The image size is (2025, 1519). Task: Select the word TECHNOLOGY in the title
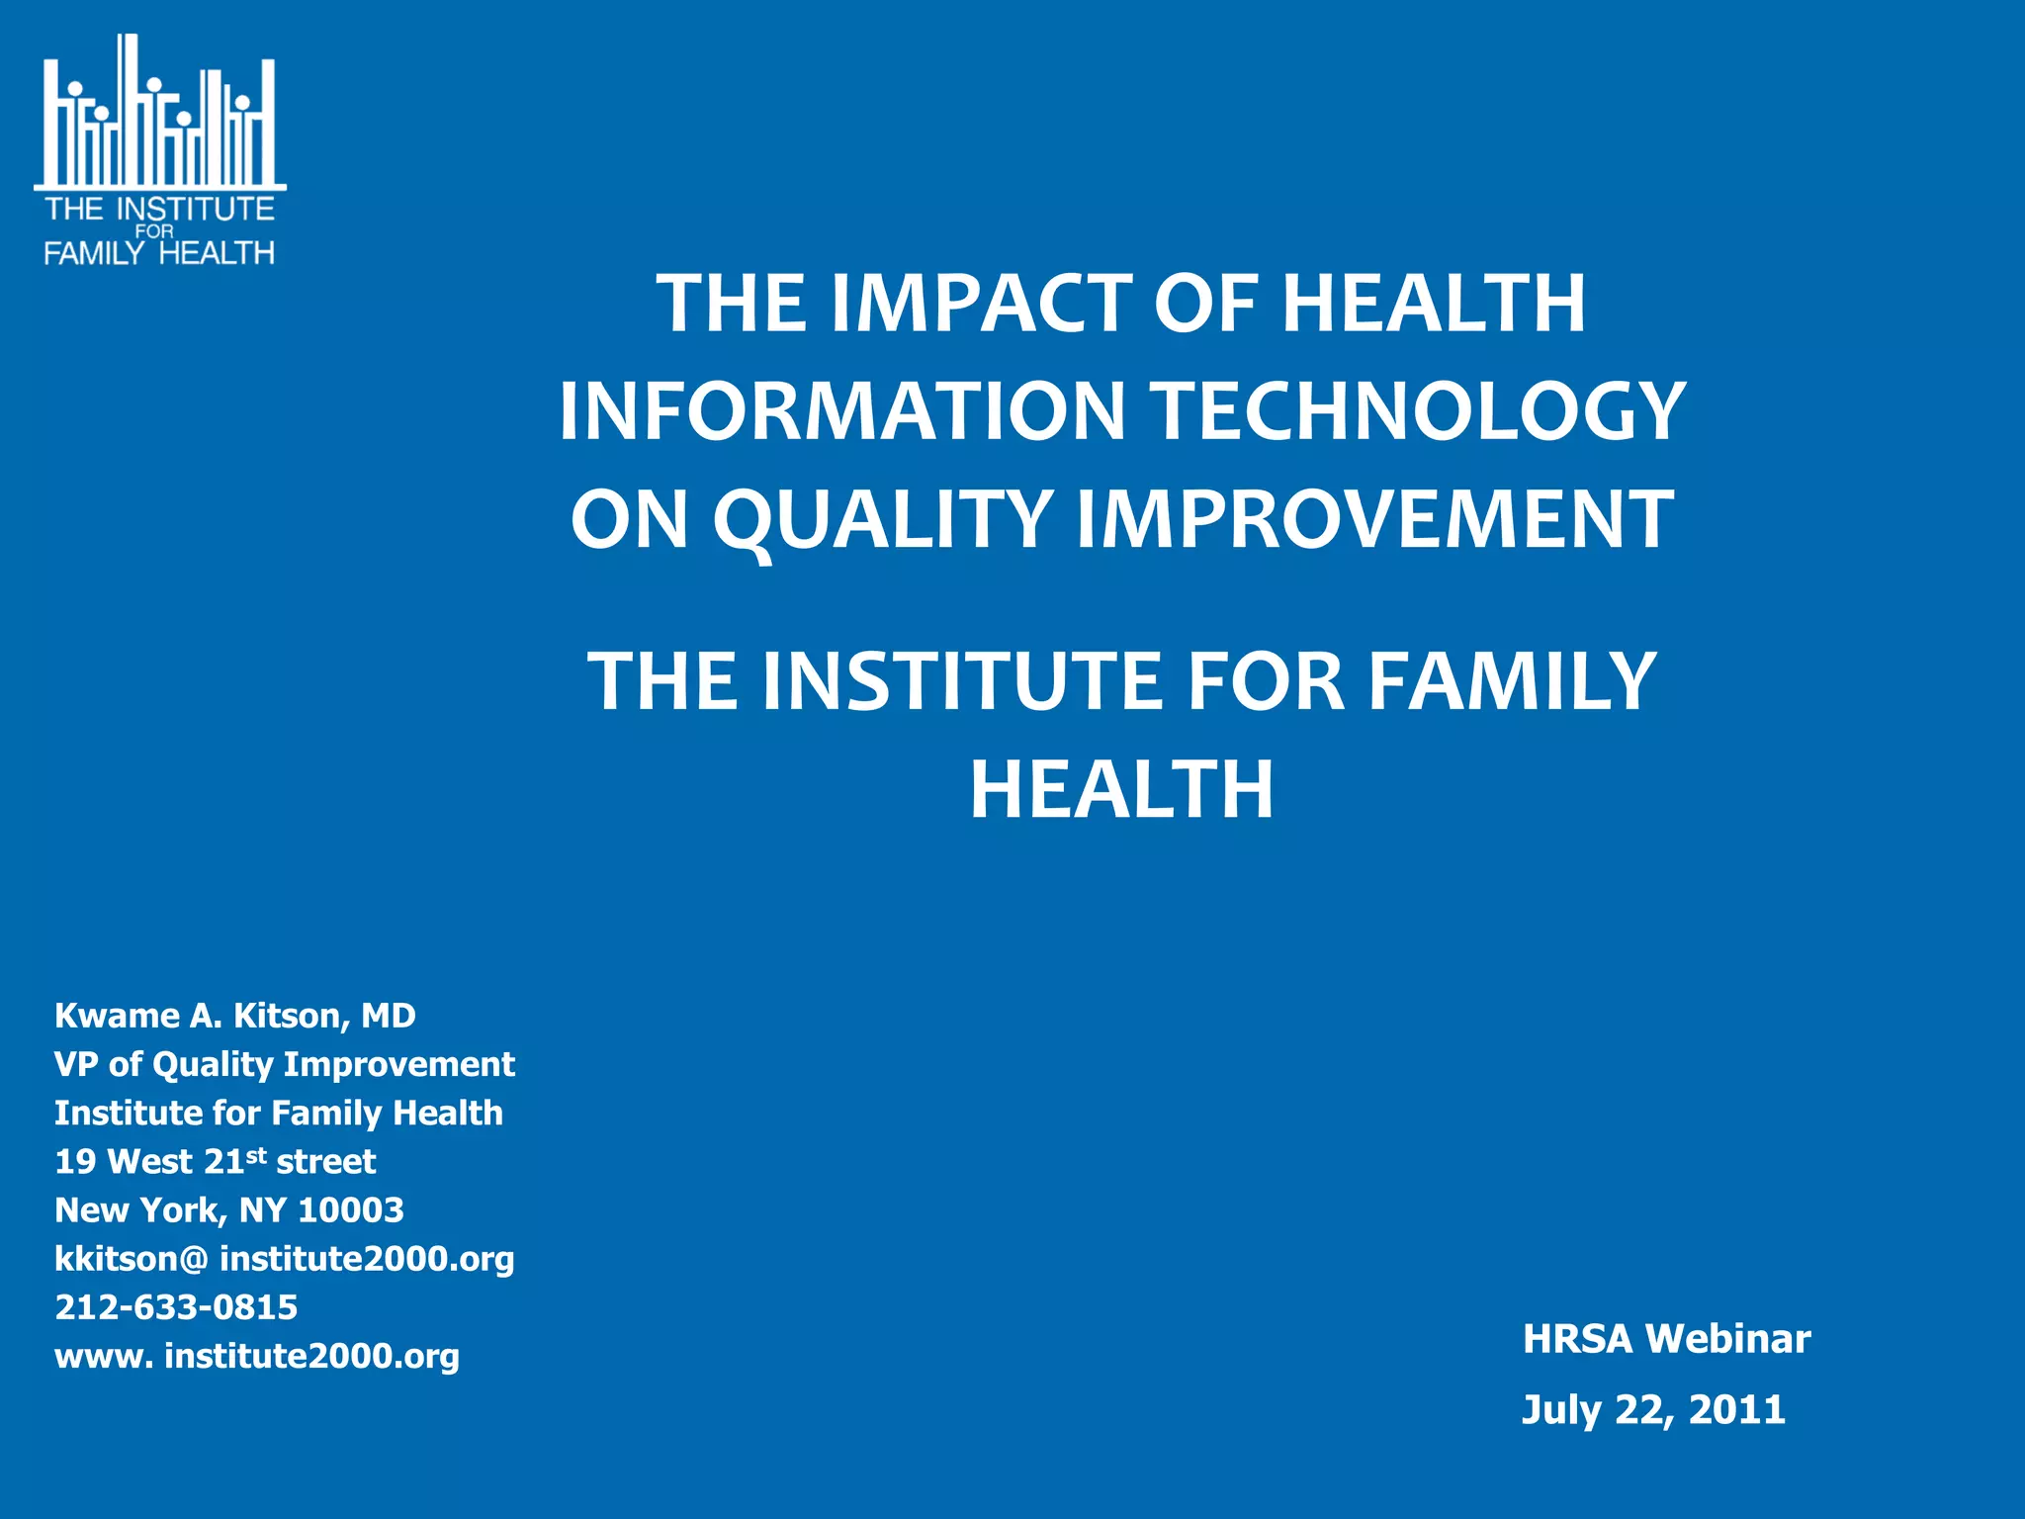coord(1420,411)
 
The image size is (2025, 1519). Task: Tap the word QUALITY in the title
coord(882,519)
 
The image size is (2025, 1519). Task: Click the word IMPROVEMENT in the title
coord(1374,519)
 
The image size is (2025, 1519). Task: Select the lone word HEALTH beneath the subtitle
coord(1121,790)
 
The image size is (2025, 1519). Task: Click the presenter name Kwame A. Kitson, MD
coord(235,1016)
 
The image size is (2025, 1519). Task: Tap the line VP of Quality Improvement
coord(285,1064)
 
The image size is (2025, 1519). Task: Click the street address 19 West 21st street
coord(216,1161)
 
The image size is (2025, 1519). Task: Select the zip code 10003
coord(351,1209)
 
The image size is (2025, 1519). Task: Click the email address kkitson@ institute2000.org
coord(285,1259)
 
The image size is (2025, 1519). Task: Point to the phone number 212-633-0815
coord(176,1307)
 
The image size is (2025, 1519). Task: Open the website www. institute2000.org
coord(257,1356)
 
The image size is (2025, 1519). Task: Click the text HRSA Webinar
coord(1667,1339)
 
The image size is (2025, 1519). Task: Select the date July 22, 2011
coord(1653,1410)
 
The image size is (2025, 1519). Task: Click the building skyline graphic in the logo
coord(158,119)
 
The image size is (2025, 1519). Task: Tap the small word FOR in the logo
coord(154,231)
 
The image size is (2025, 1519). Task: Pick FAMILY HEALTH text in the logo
coord(158,253)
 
